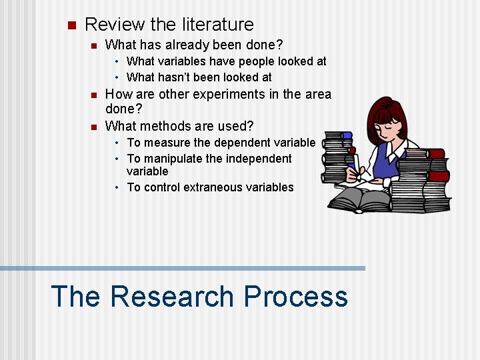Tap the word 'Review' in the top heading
tap(115, 25)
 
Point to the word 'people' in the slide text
tap(254, 61)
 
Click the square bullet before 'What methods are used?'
tap(93, 126)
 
